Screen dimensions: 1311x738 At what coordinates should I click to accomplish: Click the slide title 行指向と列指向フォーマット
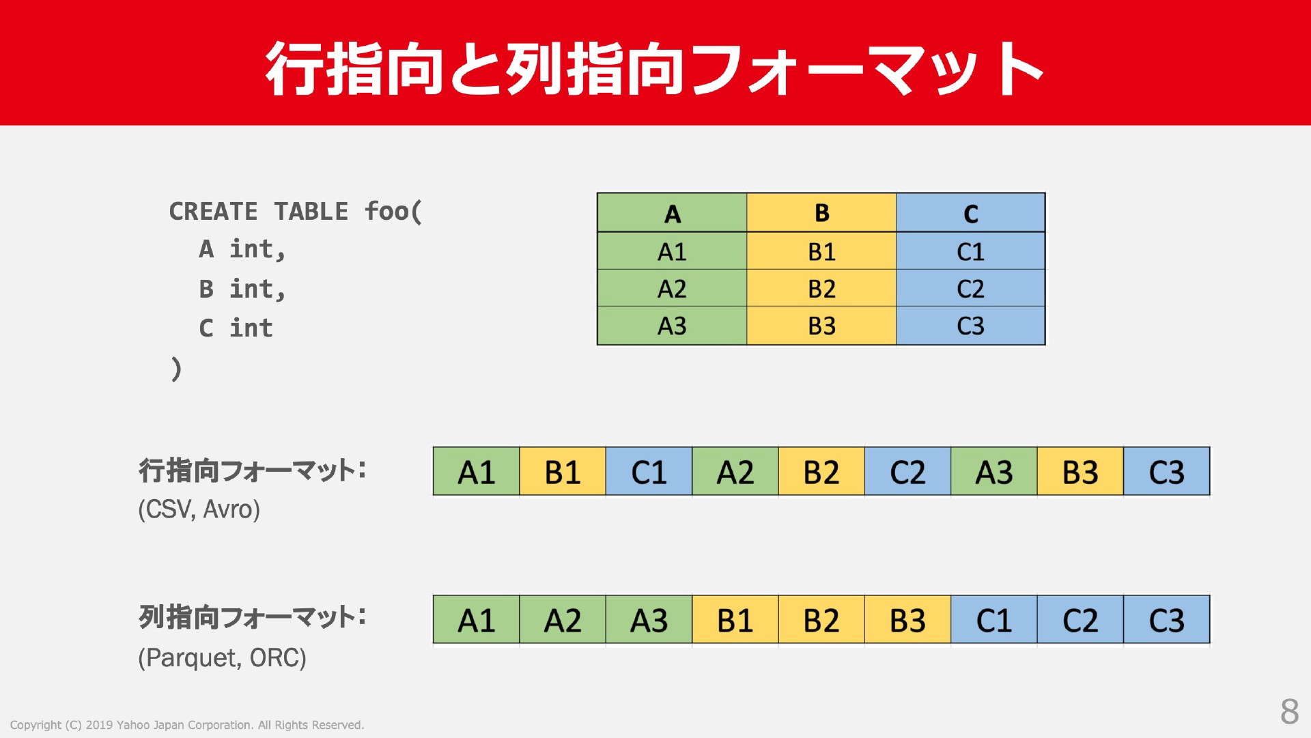pos(654,68)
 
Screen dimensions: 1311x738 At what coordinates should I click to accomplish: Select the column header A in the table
pos(672,213)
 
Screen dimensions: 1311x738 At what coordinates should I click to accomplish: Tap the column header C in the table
pos(970,213)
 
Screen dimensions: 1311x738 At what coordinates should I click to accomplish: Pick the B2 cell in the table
pos(821,288)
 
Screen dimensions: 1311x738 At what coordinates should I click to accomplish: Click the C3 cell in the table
pos(970,326)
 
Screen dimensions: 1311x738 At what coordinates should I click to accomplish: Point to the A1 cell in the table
pos(672,251)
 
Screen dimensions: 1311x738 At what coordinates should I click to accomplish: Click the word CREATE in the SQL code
pos(213,212)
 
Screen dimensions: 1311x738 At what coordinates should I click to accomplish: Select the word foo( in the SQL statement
pos(393,212)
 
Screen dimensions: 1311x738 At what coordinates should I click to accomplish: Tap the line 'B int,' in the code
pos(242,289)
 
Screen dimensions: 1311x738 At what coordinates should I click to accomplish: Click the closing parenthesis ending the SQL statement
pos(176,369)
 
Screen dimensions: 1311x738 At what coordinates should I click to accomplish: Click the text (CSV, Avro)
pos(199,509)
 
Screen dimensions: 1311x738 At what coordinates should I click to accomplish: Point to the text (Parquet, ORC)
pos(222,657)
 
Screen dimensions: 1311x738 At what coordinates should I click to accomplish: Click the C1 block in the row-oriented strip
pos(649,471)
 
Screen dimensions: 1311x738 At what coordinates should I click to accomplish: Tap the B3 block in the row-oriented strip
pos(1080,471)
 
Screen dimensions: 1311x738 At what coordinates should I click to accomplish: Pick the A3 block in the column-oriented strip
pos(649,619)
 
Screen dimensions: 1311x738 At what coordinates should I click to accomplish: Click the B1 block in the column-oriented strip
pos(735,619)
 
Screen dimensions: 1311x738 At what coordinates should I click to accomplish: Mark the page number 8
pos(1289,711)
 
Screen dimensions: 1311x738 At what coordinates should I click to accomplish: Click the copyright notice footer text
pos(187,725)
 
